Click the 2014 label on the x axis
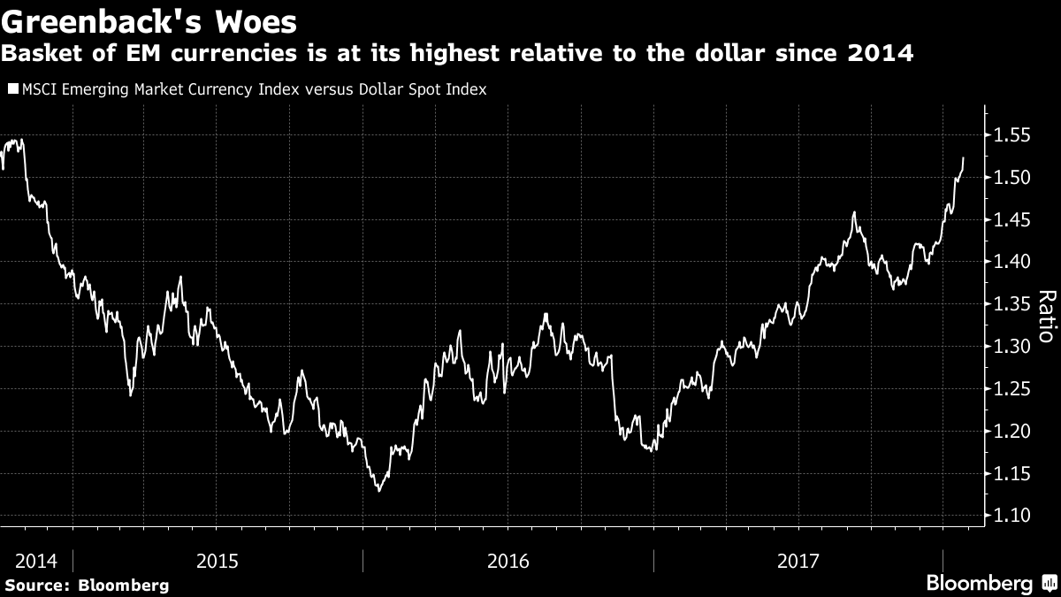(x=36, y=561)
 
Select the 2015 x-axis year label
(x=218, y=561)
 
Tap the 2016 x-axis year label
(x=508, y=561)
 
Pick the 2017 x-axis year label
(x=798, y=561)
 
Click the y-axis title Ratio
(x=1045, y=317)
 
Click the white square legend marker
(x=11, y=89)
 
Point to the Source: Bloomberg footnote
(x=86, y=585)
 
